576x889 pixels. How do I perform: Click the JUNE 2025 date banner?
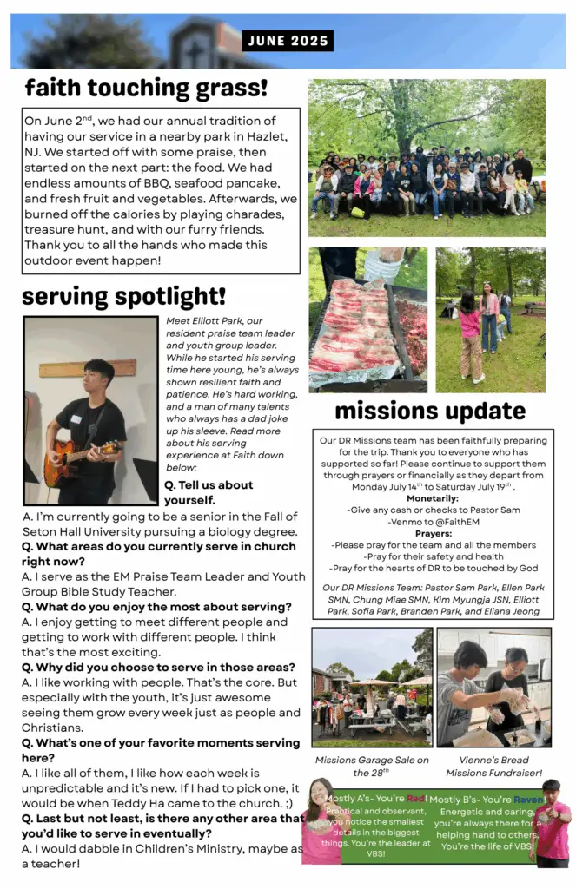pos(288,41)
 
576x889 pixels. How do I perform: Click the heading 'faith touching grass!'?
pos(146,88)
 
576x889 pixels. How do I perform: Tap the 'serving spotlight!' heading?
pos(123,296)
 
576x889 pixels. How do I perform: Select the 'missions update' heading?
pos(429,410)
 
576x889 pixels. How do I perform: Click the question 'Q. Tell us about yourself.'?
pos(209,492)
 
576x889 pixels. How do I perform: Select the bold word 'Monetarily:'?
pos(433,498)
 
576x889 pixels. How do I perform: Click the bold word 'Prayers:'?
pos(433,533)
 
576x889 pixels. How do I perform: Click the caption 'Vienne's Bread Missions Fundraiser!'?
pos(493,766)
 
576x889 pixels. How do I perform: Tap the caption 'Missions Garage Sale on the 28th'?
pos(373,766)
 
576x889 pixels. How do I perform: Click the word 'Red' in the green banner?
pos(416,798)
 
